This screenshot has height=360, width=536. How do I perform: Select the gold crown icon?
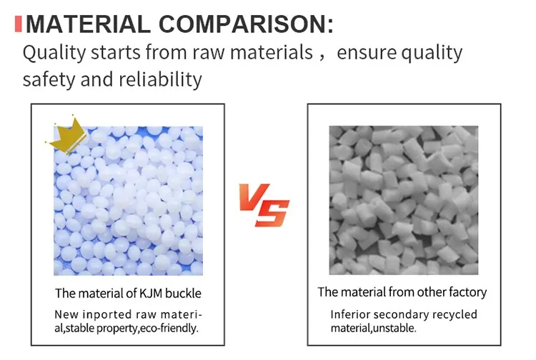pyautogui.click(x=66, y=137)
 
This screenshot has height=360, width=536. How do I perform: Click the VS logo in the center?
pyautogui.click(x=264, y=204)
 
